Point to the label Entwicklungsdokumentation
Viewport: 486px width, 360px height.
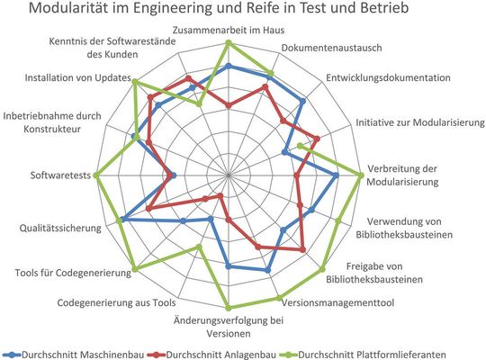[388, 78]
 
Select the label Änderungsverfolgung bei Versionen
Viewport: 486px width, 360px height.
[228, 326]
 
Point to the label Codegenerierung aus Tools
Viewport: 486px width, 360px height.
[116, 303]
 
